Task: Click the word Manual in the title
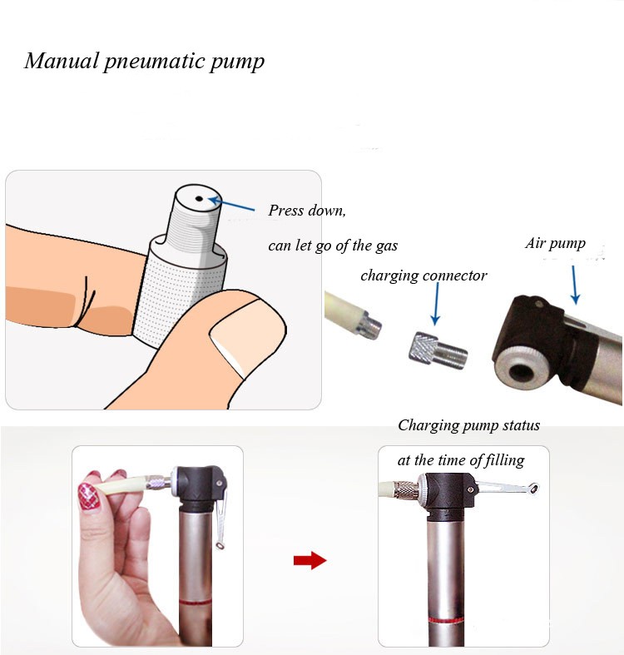click(x=61, y=61)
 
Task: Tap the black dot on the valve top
click(x=199, y=199)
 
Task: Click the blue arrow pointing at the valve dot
click(x=231, y=204)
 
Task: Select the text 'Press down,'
click(x=307, y=210)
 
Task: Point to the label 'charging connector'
click(x=423, y=275)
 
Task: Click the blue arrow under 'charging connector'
click(x=436, y=304)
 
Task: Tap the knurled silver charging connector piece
click(x=438, y=352)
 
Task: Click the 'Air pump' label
click(x=556, y=243)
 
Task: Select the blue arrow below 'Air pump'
click(x=574, y=285)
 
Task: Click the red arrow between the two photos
click(x=310, y=561)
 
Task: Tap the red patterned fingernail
click(x=89, y=495)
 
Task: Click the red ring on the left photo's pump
click(x=195, y=603)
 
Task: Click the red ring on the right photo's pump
click(x=447, y=620)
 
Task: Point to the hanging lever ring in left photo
click(x=220, y=544)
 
